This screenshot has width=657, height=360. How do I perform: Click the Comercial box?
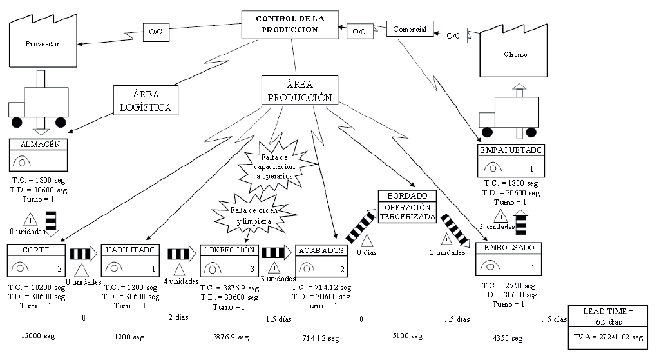tap(410, 30)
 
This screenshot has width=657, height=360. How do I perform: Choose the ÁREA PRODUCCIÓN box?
tap(300, 91)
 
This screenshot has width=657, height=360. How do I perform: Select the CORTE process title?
tap(35, 250)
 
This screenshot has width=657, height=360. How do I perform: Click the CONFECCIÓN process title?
tap(229, 250)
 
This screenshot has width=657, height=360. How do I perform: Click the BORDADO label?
tap(407, 195)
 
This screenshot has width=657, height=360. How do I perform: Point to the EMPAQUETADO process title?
tap(511, 150)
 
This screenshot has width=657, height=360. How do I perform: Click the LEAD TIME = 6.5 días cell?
tap(607, 315)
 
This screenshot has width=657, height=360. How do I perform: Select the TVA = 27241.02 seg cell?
tap(607, 337)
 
